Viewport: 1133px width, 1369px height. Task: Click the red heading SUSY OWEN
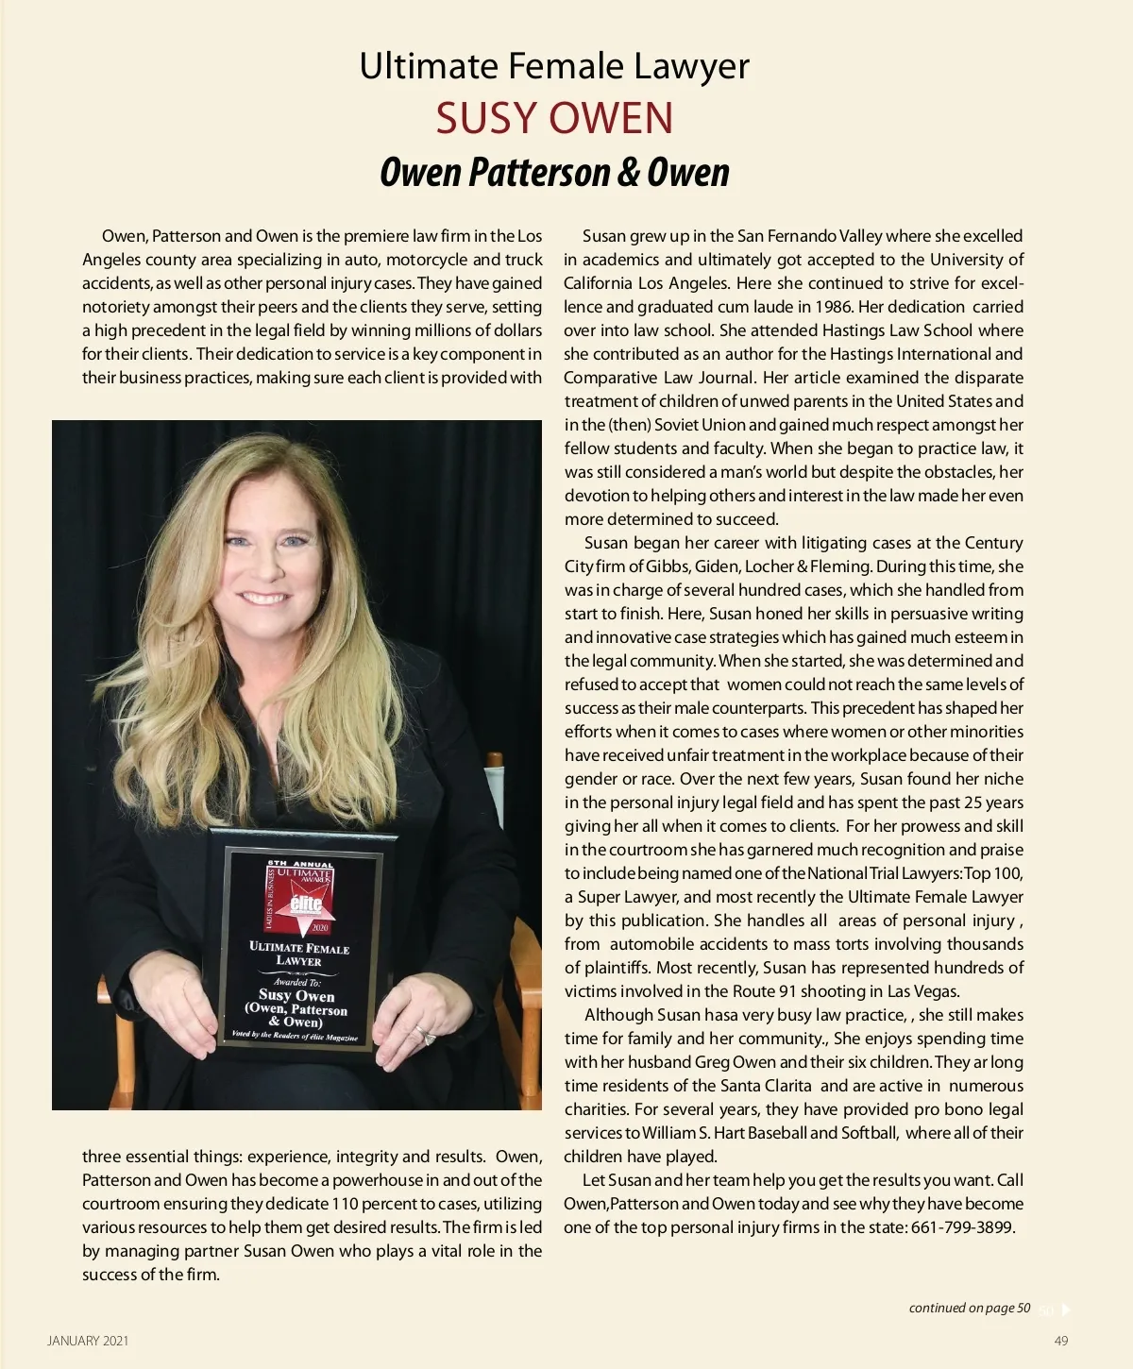(x=554, y=118)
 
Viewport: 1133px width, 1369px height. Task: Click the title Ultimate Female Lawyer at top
(x=554, y=66)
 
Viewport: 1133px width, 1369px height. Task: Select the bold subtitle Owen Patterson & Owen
(x=554, y=172)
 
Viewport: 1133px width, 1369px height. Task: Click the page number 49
(x=1061, y=1341)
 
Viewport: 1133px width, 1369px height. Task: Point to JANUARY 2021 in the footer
(x=88, y=1341)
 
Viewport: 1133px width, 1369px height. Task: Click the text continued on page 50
(x=969, y=1308)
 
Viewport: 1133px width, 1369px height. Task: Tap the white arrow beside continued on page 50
(x=1066, y=1309)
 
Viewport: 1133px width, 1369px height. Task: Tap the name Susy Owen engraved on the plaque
(x=296, y=995)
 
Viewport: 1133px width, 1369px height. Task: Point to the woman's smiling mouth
(x=263, y=598)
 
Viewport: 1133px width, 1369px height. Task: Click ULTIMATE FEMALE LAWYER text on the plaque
(x=298, y=954)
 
